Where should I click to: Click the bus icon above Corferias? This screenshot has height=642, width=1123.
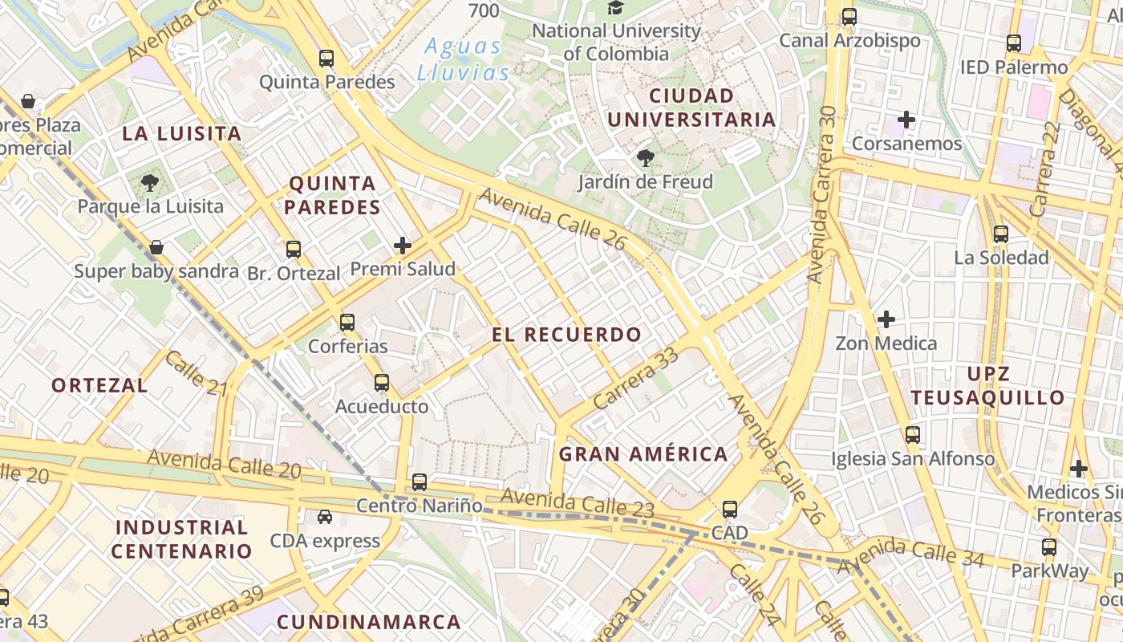pos(347,323)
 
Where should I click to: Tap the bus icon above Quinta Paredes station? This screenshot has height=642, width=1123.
pos(326,58)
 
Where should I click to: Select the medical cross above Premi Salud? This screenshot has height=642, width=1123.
pos(403,246)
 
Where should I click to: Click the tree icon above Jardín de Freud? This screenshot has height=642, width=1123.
pos(645,158)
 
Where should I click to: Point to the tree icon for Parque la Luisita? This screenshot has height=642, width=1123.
pos(150,183)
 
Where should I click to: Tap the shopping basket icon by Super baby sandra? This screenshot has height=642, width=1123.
pos(156,247)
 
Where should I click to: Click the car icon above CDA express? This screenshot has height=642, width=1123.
pos(324,517)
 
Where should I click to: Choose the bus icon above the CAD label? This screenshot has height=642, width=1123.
pos(729,509)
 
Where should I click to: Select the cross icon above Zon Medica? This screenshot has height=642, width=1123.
pos(886,319)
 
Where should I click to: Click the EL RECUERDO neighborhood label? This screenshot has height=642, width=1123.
pos(567,335)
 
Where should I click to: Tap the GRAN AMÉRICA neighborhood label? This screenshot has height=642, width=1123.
pos(643,454)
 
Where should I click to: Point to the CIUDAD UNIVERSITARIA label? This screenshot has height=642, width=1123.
pos(691,108)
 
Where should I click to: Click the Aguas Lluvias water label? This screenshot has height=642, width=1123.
pos(464,59)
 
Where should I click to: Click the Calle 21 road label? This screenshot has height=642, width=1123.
pos(197,373)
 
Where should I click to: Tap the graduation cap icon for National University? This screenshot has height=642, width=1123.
pos(615,8)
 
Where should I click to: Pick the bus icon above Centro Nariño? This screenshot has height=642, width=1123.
pos(420,482)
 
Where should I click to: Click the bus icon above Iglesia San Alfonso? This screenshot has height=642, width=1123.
pos(912,435)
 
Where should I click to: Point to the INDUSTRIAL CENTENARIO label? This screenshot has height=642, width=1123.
pos(181,539)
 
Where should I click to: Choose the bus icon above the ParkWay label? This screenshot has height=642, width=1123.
pos(1048,547)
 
